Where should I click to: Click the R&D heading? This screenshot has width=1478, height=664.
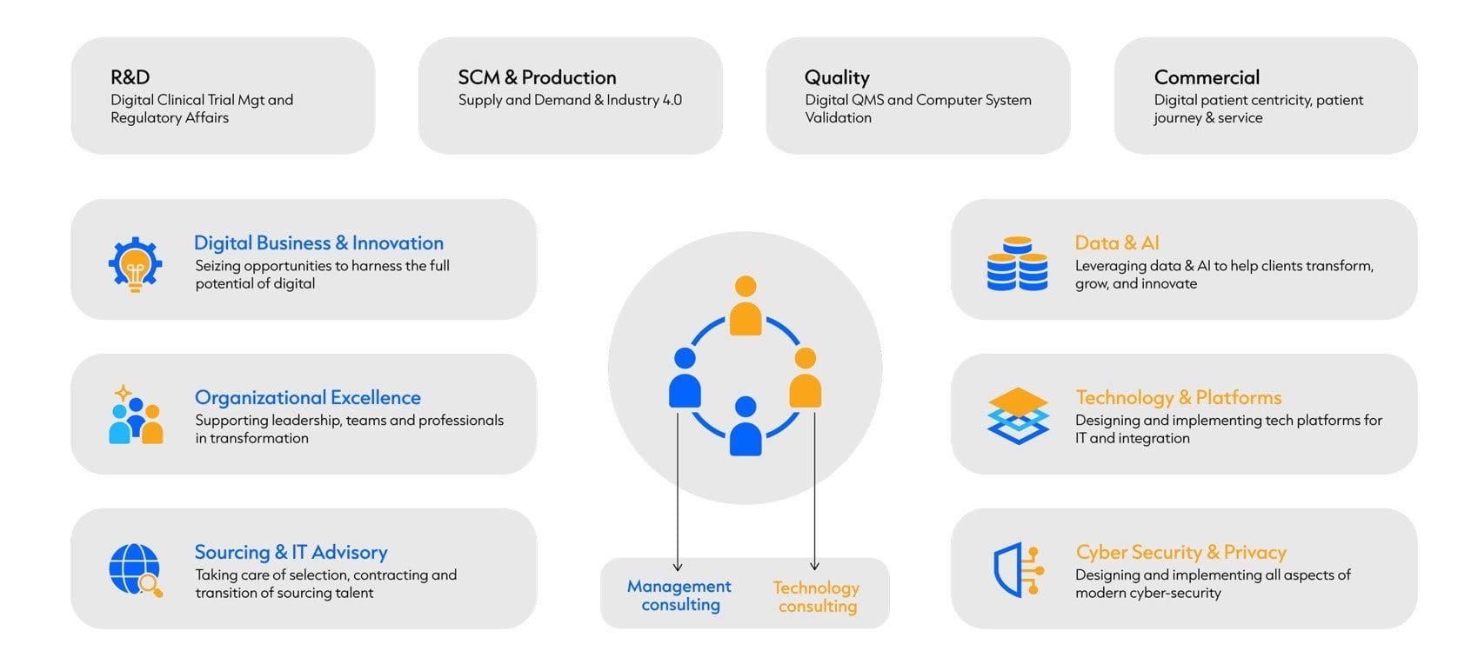130,77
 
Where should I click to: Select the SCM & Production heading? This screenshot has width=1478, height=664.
537,77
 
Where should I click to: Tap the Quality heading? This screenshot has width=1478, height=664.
837,78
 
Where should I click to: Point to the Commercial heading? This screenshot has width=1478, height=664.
1207,77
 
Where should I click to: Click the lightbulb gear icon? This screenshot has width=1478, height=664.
135,264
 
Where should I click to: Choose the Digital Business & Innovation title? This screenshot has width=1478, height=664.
318,242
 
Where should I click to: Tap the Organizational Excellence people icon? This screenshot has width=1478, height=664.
135,415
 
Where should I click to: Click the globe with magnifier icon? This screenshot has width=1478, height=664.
135,570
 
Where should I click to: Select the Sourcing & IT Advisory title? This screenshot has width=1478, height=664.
291,552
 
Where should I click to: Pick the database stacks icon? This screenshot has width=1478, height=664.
1017,263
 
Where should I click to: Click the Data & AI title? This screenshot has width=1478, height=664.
1116,242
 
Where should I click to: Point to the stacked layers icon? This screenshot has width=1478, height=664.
1018,416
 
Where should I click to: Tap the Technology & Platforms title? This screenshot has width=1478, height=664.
1179,397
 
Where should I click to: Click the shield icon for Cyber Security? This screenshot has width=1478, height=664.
1018,570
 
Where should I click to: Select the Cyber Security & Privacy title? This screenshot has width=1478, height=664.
1181,552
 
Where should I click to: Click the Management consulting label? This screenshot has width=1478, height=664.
679,595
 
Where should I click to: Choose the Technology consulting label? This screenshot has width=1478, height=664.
817,597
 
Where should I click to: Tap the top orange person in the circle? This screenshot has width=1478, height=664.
746,306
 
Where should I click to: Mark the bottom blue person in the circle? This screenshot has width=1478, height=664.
746,426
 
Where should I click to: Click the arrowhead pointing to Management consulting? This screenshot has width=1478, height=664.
678,567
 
